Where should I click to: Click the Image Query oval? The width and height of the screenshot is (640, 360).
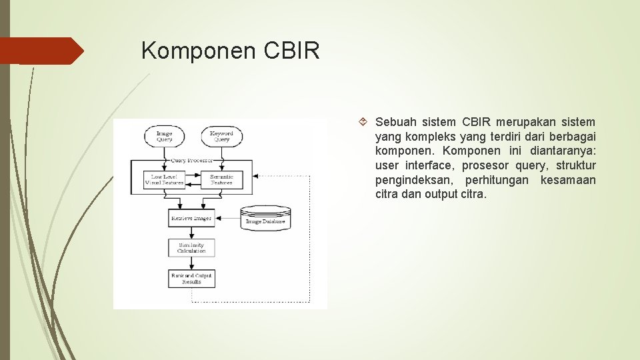click(164, 137)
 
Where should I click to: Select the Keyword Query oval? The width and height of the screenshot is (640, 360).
click(221, 137)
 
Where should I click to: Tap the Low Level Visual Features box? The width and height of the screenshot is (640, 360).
click(164, 180)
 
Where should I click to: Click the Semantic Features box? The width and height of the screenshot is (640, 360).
click(221, 180)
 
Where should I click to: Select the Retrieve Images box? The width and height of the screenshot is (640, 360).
click(191, 218)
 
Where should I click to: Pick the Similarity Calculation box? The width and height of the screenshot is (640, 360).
click(191, 248)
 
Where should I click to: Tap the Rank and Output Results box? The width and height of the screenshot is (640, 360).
click(191, 279)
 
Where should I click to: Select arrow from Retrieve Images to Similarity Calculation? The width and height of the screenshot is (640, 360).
click(191, 233)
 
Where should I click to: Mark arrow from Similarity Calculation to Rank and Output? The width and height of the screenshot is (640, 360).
click(191, 263)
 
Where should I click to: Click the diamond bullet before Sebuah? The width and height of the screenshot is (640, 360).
click(363, 122)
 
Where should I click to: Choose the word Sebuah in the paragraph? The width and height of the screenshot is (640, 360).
click(396, 122)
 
